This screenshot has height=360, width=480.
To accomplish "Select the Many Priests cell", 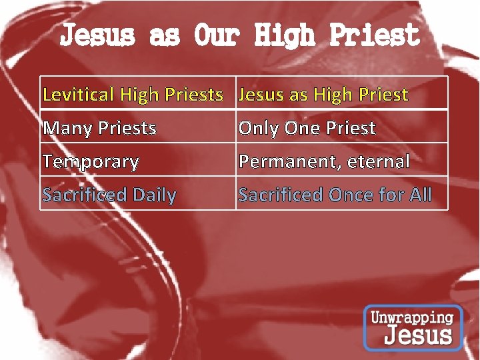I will (x=138, y=127).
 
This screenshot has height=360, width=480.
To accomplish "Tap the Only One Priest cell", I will (x=341, y=127).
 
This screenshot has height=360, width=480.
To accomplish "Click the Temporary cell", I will (x=138, y=160).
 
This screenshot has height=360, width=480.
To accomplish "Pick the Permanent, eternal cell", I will (x=341, y=160).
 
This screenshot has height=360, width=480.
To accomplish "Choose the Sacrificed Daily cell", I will (x=138, y=194).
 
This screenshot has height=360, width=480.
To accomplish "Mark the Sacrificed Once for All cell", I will (x=341, y=194).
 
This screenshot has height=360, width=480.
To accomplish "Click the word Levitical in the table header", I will (x=78, y=95).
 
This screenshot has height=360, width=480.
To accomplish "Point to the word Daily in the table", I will (x=155, y=195).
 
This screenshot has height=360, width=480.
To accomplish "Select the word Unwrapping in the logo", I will (x=412, y=317).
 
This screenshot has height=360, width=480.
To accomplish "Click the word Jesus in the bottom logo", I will (x=418, y=335).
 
